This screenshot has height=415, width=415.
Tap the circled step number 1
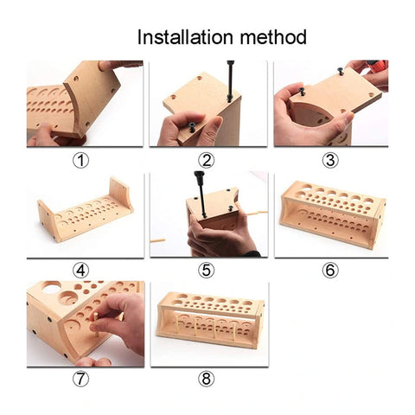[x=81, y=159]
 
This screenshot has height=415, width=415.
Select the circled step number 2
[x=206, y=159]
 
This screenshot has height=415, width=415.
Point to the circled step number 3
[x=330, y=159]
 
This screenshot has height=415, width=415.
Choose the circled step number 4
[x=81, y=270]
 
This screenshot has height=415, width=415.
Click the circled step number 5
[x=206, y=270]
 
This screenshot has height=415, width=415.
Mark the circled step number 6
[x=330, y=270]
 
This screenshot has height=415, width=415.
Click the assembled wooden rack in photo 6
[x=330, y=216]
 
